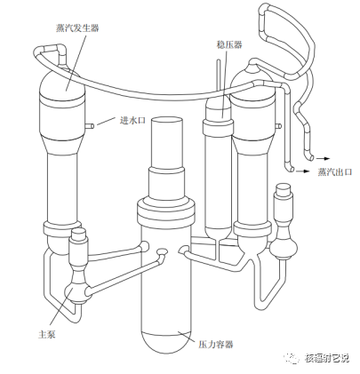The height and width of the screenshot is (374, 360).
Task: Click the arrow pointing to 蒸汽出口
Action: click(x=306, y=168)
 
